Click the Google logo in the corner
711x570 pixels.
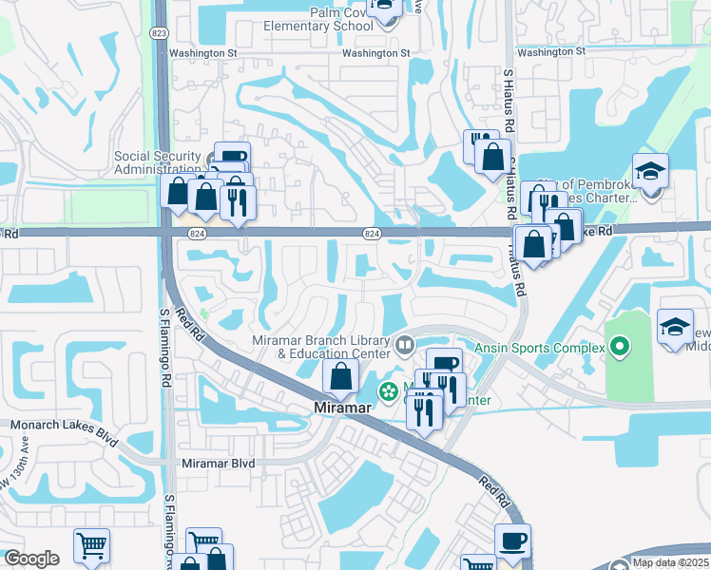pyautogui.click(x=31, y=559)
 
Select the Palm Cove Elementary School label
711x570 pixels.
pyautogui.click(x=329, y=19)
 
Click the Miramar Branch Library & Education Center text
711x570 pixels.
pyautogui.click(x=321, y=348)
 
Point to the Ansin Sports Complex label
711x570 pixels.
pyautogui.click(x=539, y=348)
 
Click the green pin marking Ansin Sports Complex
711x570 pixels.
pyautogui.click(x=620, y=348)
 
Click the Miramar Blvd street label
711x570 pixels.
pyautogui.click(x=218, y=463)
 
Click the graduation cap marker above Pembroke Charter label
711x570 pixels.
pyautogui.click(x=650, y=172)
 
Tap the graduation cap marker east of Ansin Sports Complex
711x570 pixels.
pyautogui.click(x=675, y=327)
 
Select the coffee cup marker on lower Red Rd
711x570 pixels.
pyautogui.click(x=512, y=541)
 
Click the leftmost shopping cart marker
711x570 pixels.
pyautogui.click(x=91, y=545)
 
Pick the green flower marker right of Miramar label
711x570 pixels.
pyautogui.click(x=389, y=390)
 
